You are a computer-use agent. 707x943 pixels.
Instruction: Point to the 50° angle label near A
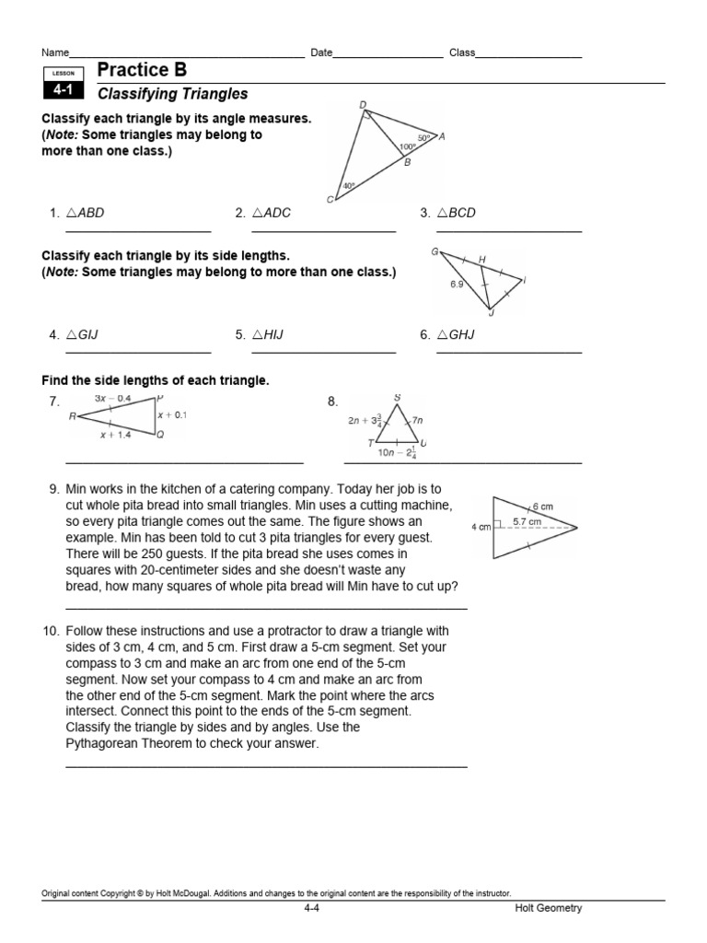(x=423, y=137)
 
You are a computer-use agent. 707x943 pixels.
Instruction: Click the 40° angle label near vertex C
(x=348, y=185)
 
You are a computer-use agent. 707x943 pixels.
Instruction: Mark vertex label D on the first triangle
(x=362, y=105)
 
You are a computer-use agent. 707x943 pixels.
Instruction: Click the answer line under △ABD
(x=138, y=230)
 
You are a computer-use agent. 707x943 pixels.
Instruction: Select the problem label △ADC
(x=271, y=213)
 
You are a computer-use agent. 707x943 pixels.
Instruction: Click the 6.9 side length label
(x=457, y=285)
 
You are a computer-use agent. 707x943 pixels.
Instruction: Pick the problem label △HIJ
(x=271, y=335)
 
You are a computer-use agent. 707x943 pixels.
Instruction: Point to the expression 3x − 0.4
(x=112, y=398)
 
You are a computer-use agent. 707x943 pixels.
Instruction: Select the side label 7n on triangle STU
(x=417, y=420)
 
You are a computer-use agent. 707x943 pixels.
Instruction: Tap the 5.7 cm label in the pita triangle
(x=527, y=521)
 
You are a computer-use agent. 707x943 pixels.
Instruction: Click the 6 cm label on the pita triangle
(x=542, y=506)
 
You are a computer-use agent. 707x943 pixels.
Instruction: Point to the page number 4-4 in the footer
(x=311, y=909)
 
